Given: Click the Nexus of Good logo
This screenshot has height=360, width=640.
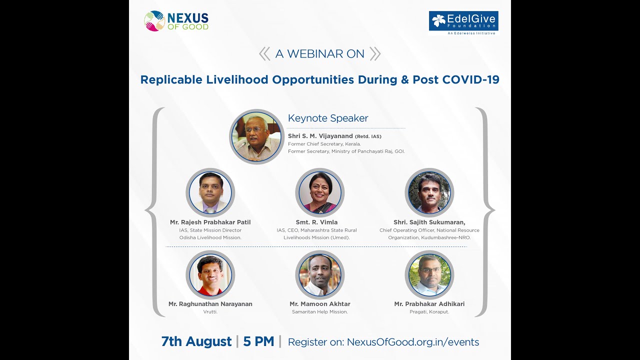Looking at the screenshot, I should point(176,21).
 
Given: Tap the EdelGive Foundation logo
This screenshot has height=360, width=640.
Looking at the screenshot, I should point(463,22).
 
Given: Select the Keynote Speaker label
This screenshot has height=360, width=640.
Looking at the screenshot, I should point(328,118).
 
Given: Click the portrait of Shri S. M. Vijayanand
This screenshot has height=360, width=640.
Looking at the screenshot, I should point(256,136).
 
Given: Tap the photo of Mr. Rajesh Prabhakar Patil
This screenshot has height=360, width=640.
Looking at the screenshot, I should point(210,192).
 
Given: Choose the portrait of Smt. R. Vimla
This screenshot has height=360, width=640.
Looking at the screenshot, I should point(320,192).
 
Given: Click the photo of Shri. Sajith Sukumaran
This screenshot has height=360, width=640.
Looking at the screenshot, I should point(429,192).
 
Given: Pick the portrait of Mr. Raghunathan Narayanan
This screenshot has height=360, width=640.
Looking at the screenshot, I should point(210,274).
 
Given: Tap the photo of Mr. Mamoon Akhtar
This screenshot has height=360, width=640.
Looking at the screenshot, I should point(320,274).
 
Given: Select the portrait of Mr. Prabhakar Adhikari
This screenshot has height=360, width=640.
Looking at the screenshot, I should point(429,274).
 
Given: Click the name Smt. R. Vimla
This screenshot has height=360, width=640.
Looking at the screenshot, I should point(316,222).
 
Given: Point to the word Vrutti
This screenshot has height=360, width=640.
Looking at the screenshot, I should point(210,312).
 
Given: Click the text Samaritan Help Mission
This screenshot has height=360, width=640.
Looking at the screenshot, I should point(320,312).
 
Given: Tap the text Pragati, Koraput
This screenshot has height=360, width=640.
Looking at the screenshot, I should point(429,312).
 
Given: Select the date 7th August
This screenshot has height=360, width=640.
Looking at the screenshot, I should point(196,341).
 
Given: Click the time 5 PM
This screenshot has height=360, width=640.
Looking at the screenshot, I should point(258,341).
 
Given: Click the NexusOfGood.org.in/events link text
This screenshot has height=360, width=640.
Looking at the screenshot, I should point(413,342).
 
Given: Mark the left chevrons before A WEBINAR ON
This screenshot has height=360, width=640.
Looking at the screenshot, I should point(264,54).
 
